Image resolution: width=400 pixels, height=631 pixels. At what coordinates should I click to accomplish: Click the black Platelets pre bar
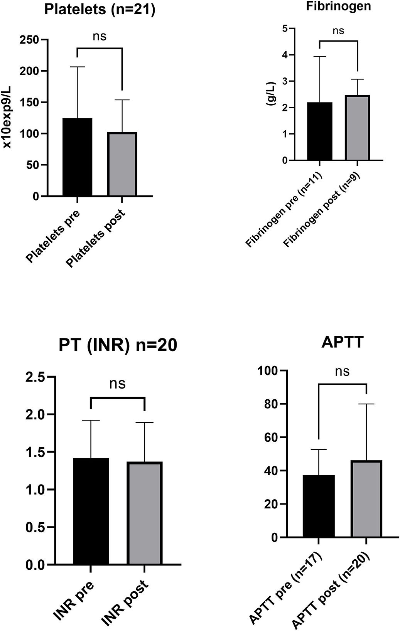pos(78,157)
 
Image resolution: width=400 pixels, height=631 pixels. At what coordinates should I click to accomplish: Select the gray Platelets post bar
pos(122,164)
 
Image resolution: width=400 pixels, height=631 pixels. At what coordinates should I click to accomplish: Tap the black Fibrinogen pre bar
pos(320,131)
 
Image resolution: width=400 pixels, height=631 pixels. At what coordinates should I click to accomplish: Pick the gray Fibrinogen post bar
pos(357,128)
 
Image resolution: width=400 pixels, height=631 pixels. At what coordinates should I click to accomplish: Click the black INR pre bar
pos(91,512)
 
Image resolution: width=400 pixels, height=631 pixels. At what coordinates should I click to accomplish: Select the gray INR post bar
pos(144,513)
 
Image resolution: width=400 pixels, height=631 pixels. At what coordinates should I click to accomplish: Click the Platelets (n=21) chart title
pos(100,10)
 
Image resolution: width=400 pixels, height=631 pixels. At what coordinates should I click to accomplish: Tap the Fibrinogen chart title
pos(338,7)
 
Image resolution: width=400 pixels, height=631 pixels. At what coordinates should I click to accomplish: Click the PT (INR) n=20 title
pos(118,345)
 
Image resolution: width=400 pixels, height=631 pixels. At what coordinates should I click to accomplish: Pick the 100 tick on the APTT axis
pos(268,371)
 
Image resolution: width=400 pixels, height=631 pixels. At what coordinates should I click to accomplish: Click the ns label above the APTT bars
pos(342,371)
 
